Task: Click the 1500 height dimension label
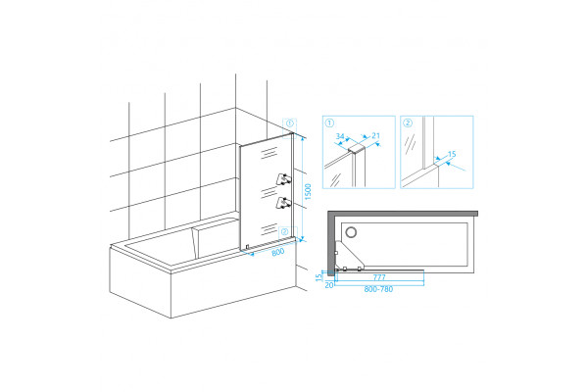click(x=308, y=192)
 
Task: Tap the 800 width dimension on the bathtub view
click(x=278, y=252)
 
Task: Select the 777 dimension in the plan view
click(x=379, y=277)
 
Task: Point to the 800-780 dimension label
click(x=378, y=289)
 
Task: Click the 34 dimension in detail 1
click(x=340, y=136)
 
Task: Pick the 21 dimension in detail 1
click(x=375, y=136)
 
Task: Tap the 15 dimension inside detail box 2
click(x=452, y=154)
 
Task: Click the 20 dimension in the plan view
click(x=329, y=285)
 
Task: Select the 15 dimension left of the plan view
click(x=319, y=277)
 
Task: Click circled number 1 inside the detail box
click(x=329, y=123)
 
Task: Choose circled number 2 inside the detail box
click(x=408, y=123)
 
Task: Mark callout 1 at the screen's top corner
click(x=289, y=123)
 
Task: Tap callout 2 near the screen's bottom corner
click(x=285, y=232)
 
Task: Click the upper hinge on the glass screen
click(x=283, y=179)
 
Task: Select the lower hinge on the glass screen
click(x=283, y=203)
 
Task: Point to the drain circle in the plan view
click(x=352, y=232)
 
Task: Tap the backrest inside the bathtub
click(x=216, y=240)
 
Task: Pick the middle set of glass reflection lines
click(x=269, y=192)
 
